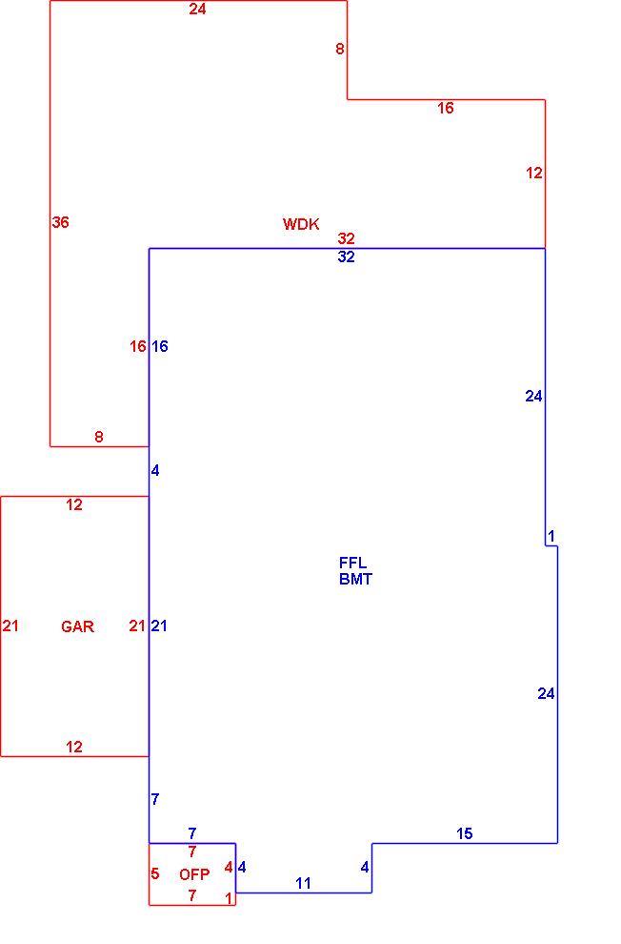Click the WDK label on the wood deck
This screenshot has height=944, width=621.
pyautogui.click(x=301, y=224)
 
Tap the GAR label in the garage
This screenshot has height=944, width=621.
pyautogui.click(x=77, y=626)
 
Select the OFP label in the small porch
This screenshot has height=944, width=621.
pyautogui.click(x=194, y=874)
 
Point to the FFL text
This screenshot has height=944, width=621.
pyautogui.click(x=352, y=563)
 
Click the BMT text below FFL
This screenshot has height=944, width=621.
pyautogui.click(x=355, y=579)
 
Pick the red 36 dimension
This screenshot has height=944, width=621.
pyautogui.click(x=60, y=222)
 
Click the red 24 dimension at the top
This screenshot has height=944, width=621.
pyautogui.click(x=197, y=9)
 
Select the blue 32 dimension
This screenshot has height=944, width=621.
pyautogui.click(x=347, y=257)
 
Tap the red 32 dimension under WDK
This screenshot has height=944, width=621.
pyautogui.click(x=347, y=238)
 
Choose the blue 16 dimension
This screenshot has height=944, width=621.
pyautogui.click(x=159, y=346)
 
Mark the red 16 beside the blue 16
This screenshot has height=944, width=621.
pyautogui.click(x=138, y=346)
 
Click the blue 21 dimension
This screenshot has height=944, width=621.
pyautogui.click(x=159, y=626)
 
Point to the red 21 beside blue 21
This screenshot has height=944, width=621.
pyautogui.click(x=137, y=626)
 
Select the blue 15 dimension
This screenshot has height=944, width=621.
pyautogui.click(x=464, y=833)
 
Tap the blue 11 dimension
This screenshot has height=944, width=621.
pyautogui.click(x=304, y=883)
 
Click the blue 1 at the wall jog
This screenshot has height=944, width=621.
pyautogui.click(x=551, y=535)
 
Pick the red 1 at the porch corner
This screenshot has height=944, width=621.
pyautogui.click(x=229, y=898)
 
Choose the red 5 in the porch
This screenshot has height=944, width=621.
pyautogui.click(x=155, y=873)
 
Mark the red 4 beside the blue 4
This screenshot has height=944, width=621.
pyautogui.click(x=229, y=868)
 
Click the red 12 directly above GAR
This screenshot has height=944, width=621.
pyautogui.click(x=74, y=504)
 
